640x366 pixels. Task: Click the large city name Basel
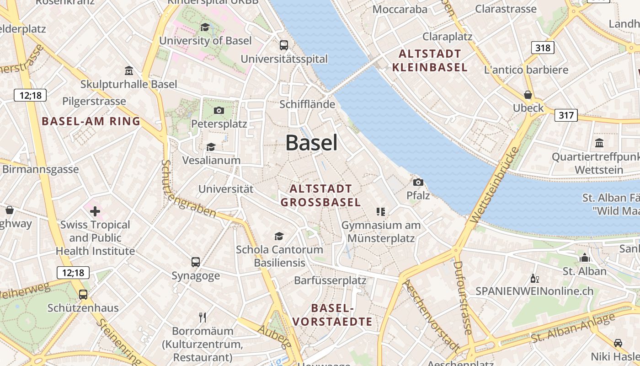(x=312, y=143)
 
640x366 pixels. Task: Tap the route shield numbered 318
(x=543, y=48)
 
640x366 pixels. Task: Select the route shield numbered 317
(x=566, y=115)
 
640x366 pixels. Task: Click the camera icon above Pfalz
(x=418, y=182)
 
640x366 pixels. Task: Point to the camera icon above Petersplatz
(x=219, y=110)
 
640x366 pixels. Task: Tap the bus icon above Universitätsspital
(x=284, y=45)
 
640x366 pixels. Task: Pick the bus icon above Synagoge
(x=196, y=262)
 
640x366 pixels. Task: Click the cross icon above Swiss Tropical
(x=95, y=211)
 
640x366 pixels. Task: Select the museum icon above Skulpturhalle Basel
(x=129, y=71)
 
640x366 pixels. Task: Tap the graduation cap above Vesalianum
(x=211, y=147)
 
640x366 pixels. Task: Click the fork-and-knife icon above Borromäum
(x=203, y=317)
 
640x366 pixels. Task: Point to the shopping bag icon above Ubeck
(x=528, y=95)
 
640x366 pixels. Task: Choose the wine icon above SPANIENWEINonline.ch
(x=534, y=278)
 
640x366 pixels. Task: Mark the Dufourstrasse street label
(x=462, y=297)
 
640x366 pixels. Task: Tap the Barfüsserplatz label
(x=330, y=280)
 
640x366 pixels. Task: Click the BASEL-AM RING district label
(x=91, y=121)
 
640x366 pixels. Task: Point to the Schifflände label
(x=307, y=104)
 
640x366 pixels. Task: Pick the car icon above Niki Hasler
(x=618, y=343)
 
